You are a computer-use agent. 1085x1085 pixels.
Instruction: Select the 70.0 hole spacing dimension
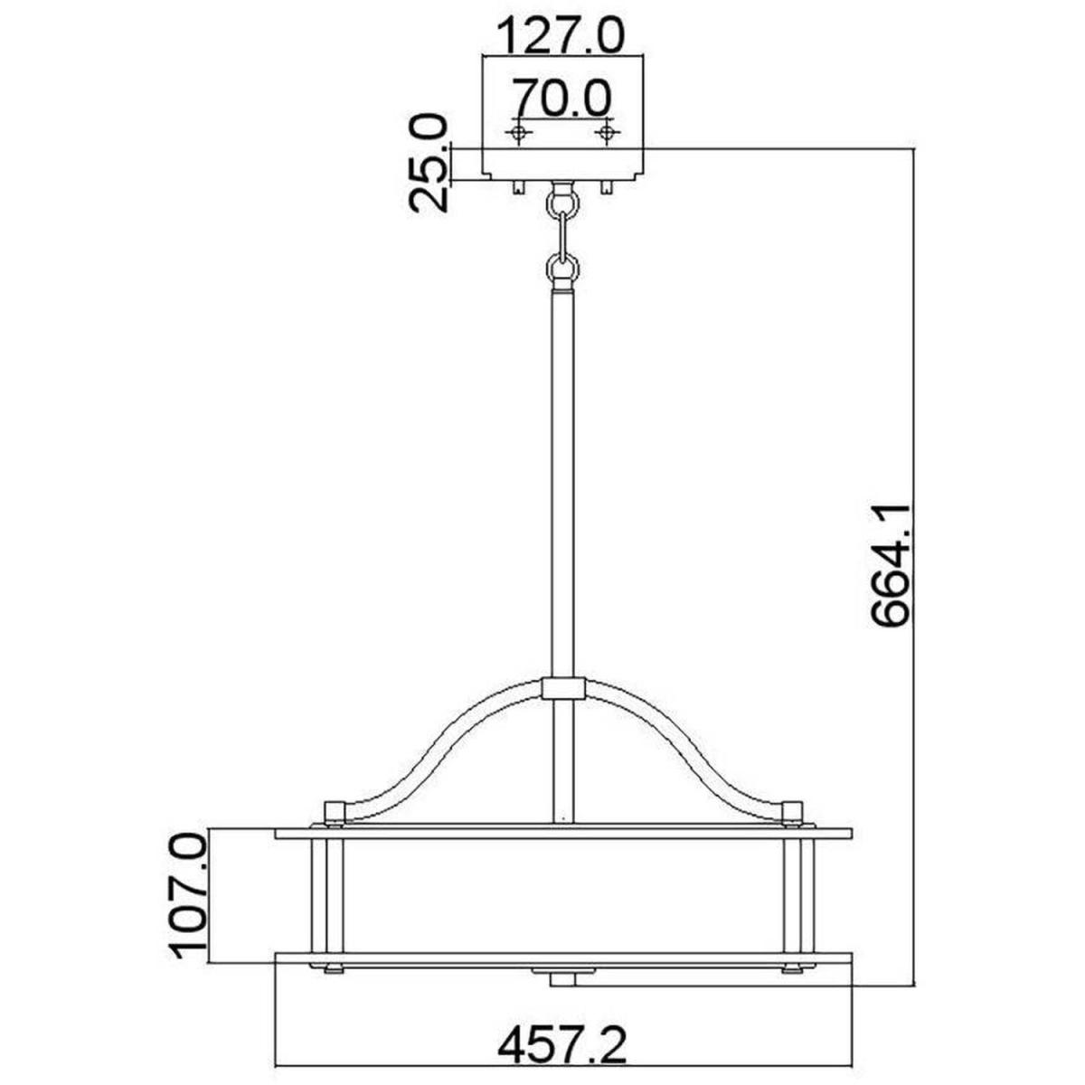pos(561,99)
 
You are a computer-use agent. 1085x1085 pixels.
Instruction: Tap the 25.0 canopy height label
pos(429,163)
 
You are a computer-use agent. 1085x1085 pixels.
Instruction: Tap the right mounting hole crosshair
pos(607,133)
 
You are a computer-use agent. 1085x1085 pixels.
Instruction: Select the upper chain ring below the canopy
pos(561,203)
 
